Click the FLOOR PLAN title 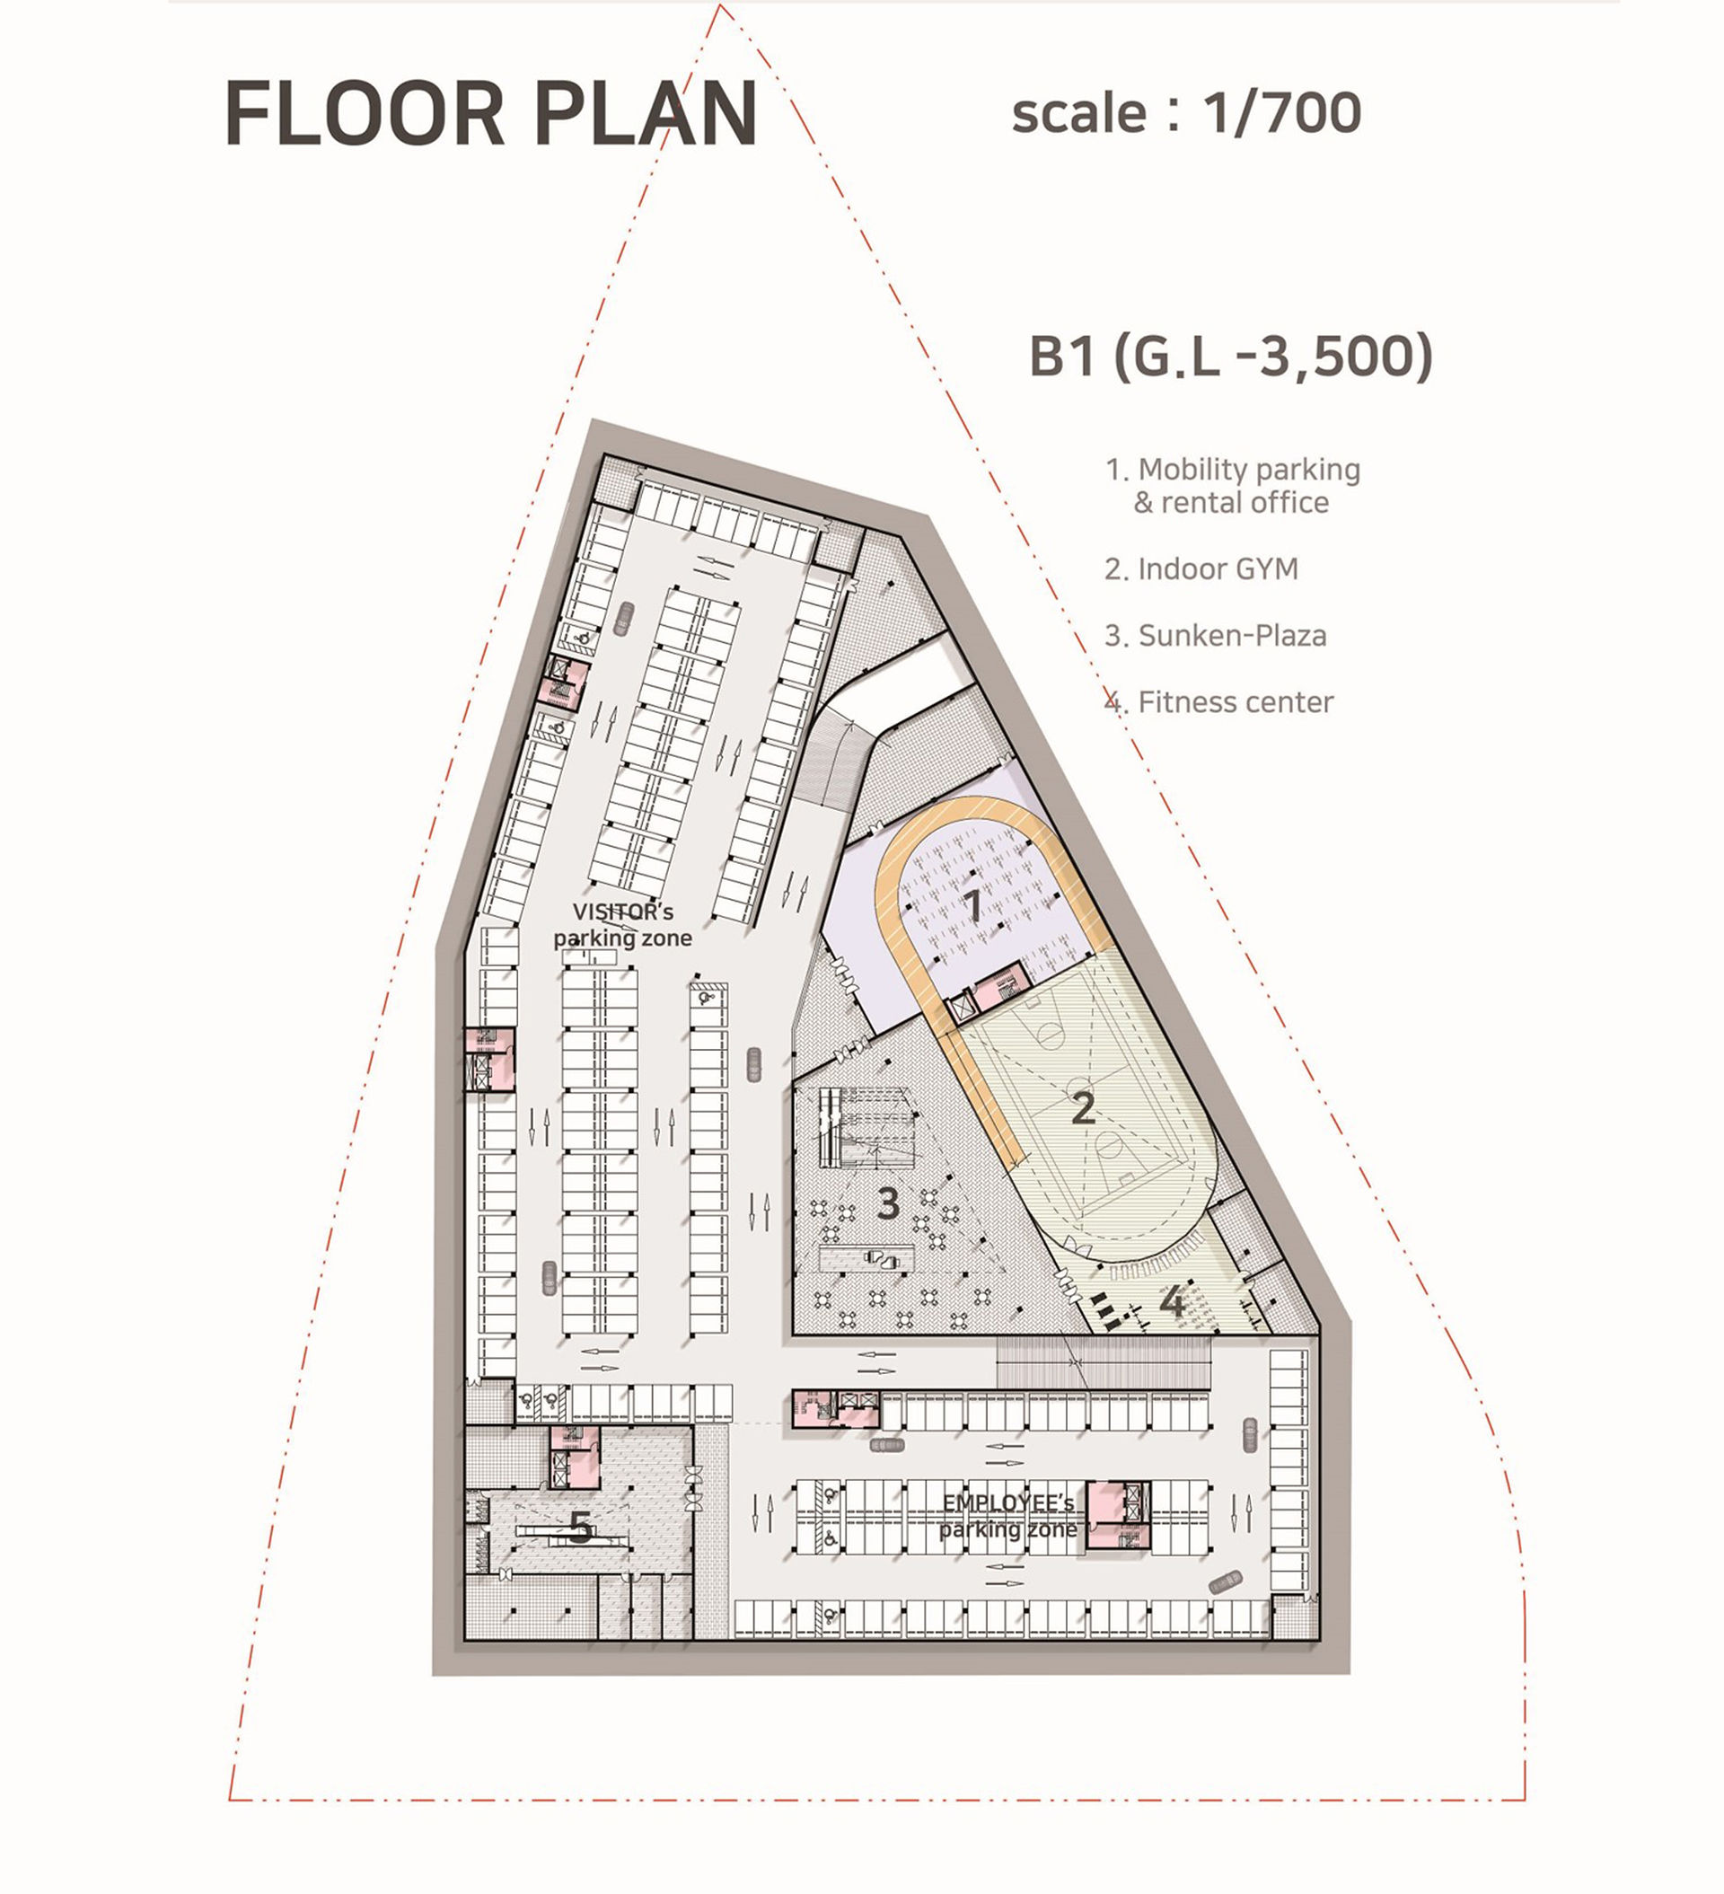[x=490, y=114]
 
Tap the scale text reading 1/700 [x=1281, y=113]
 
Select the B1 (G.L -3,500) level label [x=1231, y=357]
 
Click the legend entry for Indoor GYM [x=1201, y=568]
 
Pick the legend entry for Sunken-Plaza [x=1215, y=635]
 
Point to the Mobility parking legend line [x=1233, y=469]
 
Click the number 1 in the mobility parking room [x=972, y=904]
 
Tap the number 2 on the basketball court [x=1083, y=1108]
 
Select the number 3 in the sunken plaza [x=887, y=1203]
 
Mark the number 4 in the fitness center [x=1172, y=1301]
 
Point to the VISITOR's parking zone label [x=622, y=924]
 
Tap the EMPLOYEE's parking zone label [x=1008, y=1515]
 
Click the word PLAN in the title [x=646, y=114]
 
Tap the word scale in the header [x=1078, y=115]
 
